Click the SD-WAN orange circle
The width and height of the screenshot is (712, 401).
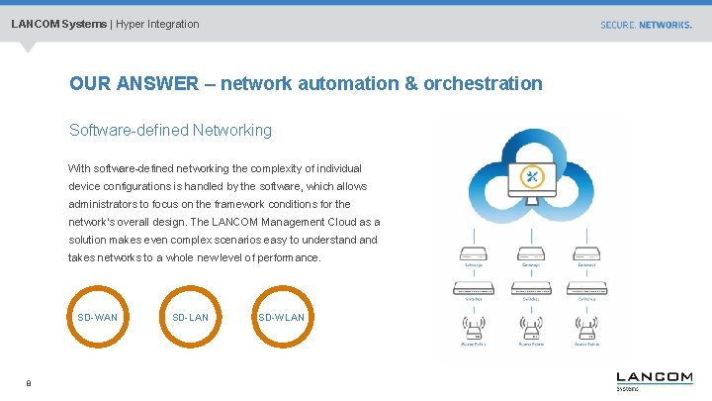[97, 317]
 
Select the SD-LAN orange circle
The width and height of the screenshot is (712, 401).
[190, 317]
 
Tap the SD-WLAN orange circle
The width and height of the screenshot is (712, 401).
[281, 317]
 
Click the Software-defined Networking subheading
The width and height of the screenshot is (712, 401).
[170, 130]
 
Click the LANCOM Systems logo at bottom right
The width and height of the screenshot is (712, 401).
[654, 379]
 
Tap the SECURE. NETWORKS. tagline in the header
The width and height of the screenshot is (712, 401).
[646, 25]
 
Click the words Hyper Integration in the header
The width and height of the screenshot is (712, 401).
[157, 24]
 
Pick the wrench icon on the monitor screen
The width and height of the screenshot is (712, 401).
[531, 177]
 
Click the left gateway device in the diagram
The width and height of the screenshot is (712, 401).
[475, 254]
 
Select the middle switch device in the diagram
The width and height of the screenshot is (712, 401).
[531, 288]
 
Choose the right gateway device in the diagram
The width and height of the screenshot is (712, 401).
[588, 254]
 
